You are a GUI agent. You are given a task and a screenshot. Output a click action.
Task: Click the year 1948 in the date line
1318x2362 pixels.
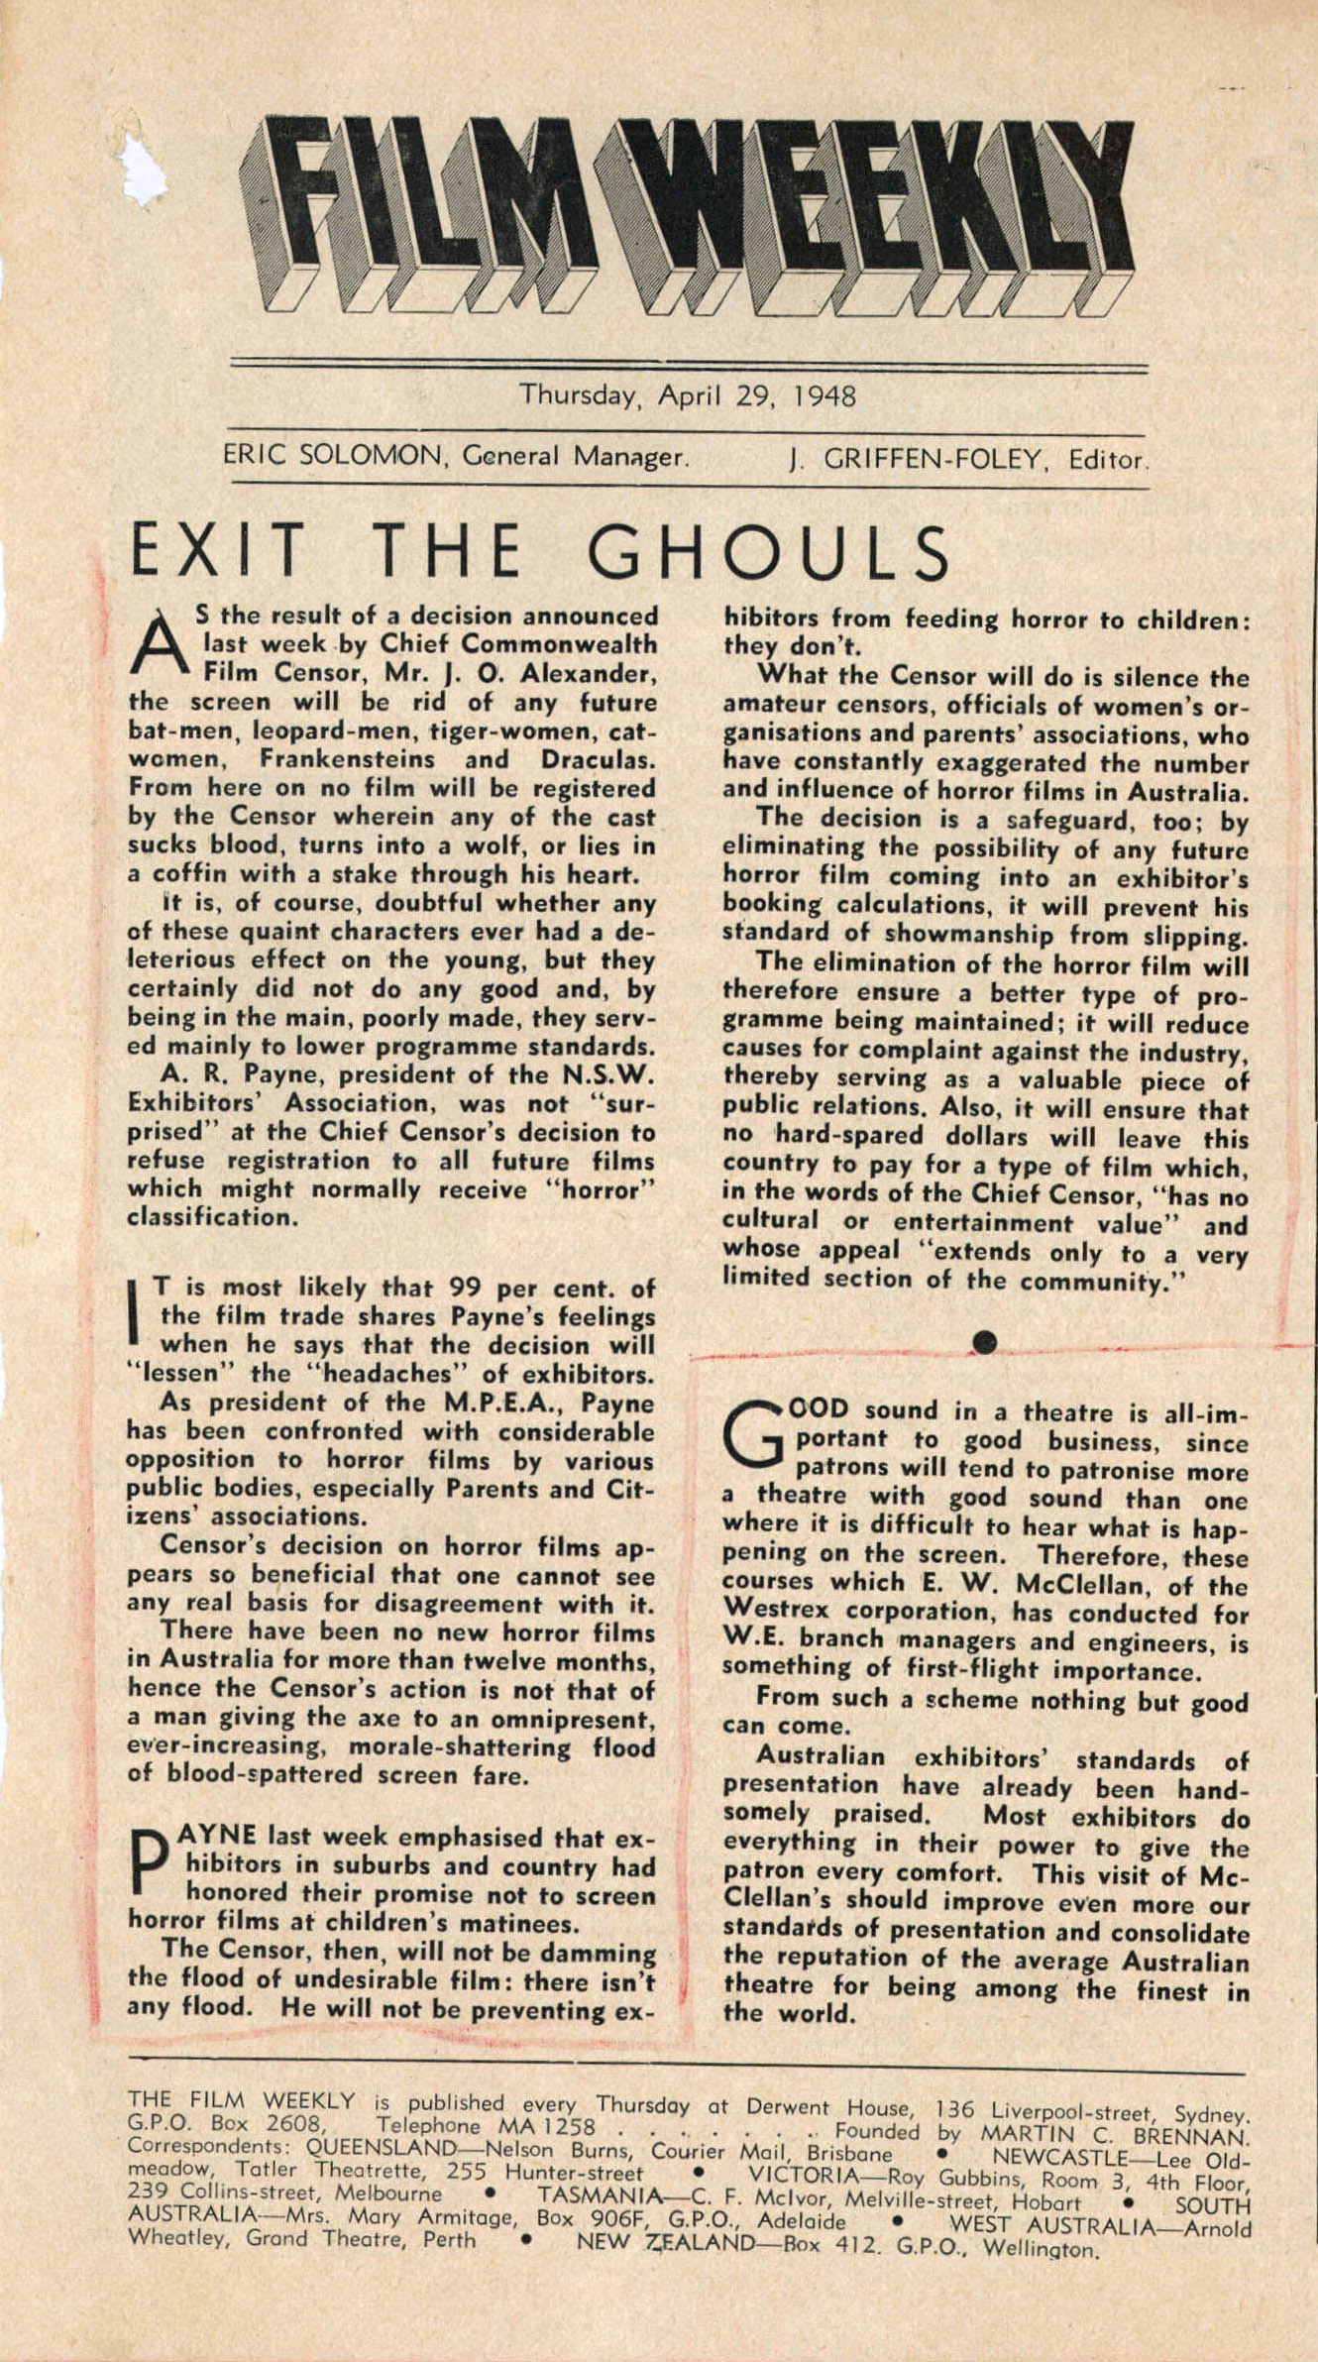click(824, 397)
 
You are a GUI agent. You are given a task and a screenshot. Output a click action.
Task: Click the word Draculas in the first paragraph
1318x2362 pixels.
click(598, 759)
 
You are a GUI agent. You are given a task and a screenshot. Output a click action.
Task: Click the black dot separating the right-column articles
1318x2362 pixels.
click(983, 1341)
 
